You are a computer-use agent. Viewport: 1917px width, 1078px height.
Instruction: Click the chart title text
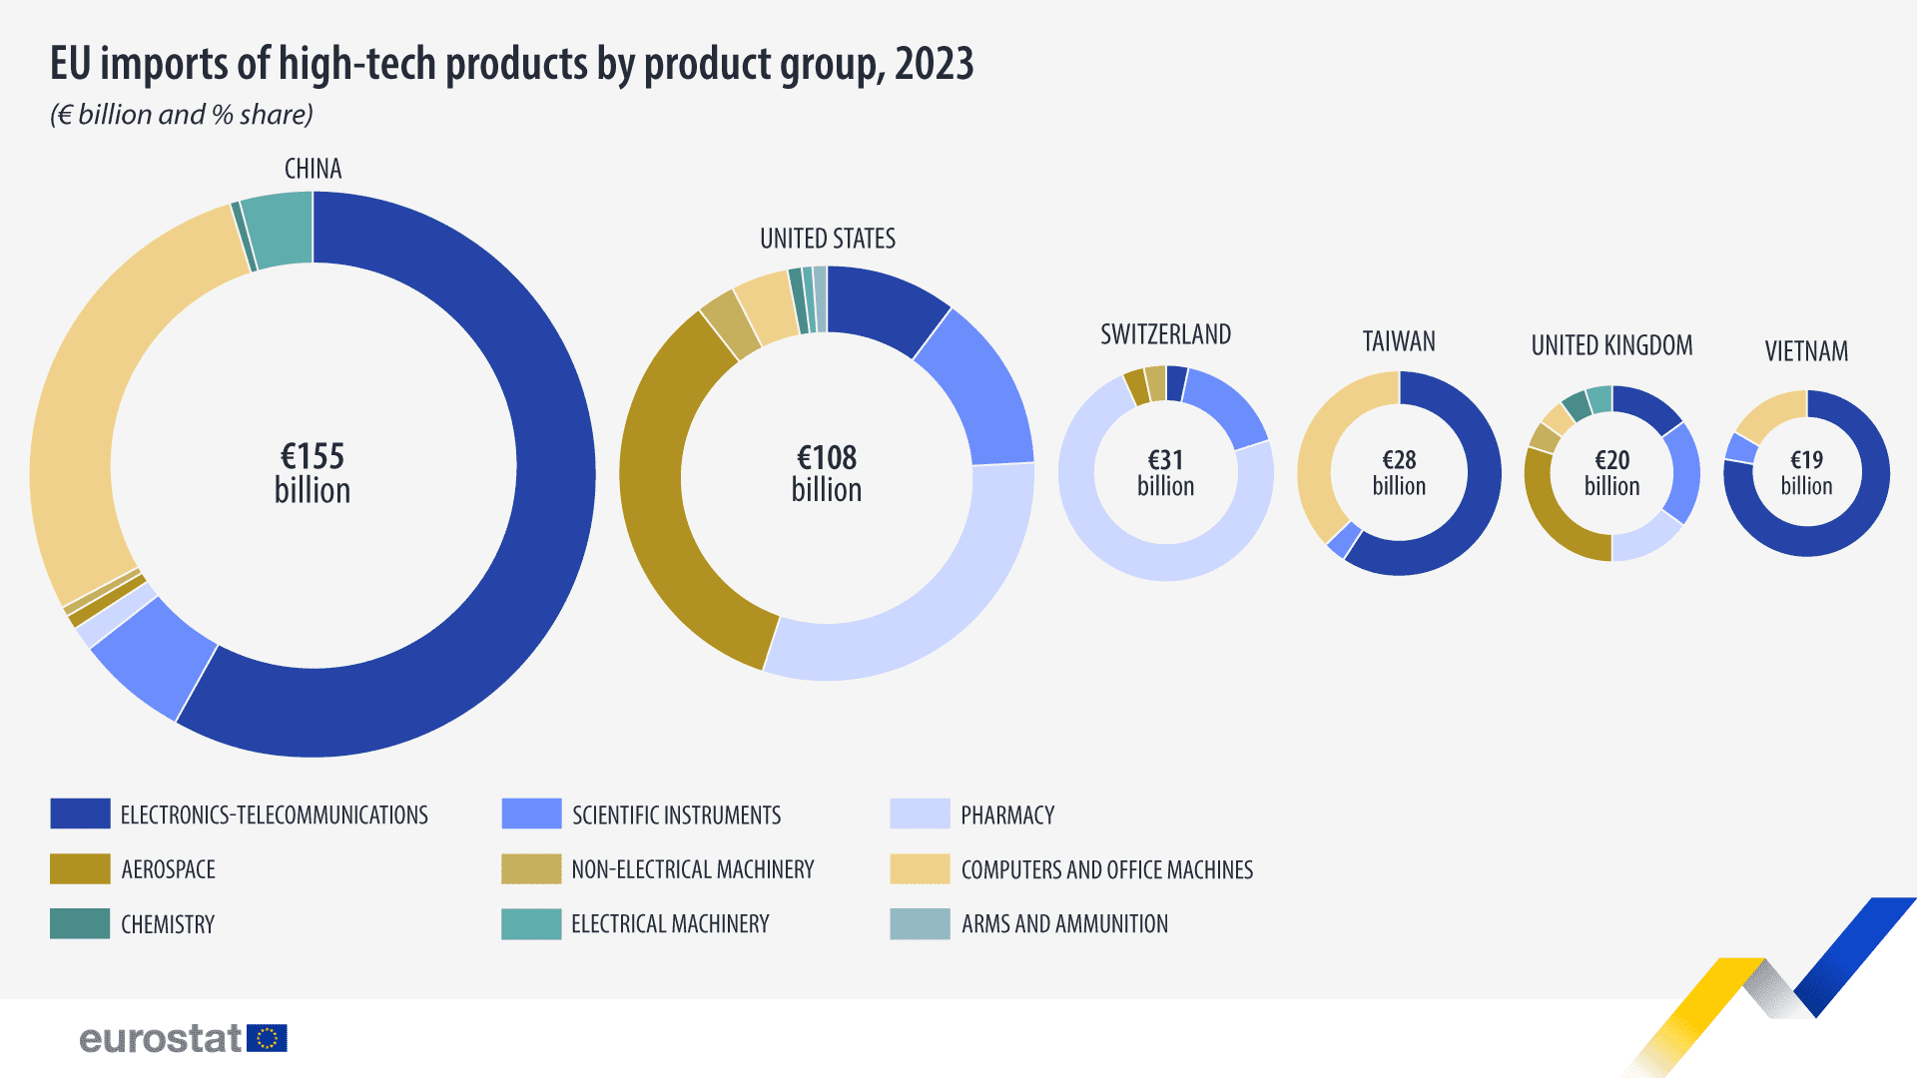511,64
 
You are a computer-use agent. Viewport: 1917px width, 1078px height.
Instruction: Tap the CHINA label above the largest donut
313,169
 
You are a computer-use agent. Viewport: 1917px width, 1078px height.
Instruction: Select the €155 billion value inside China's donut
313,473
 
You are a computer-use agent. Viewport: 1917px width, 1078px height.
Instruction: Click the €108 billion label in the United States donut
827,473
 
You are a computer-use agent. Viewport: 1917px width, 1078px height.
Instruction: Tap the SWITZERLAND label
1165,334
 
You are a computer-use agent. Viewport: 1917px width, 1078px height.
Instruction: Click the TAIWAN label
1399,341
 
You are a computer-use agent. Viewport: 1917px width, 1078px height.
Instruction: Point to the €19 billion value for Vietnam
1806,473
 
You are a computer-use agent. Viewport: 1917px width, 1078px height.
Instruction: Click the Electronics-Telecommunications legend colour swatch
80,814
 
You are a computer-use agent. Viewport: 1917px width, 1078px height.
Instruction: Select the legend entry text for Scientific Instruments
676,815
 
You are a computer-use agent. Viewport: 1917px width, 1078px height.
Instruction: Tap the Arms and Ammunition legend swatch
920,924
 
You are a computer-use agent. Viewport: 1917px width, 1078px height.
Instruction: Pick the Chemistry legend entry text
168,924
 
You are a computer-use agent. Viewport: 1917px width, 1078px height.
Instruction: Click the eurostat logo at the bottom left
183,1039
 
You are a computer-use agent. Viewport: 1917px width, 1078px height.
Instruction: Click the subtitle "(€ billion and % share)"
182,115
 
